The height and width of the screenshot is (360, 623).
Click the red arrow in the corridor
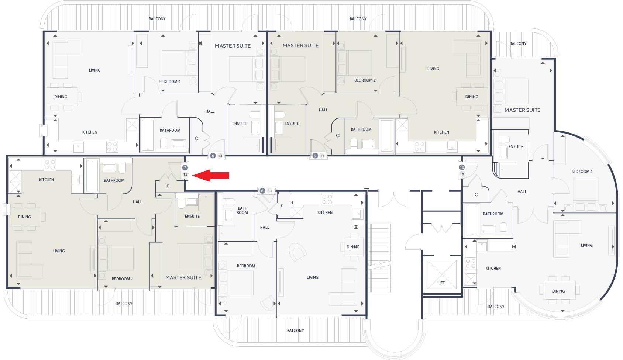pos(211,176)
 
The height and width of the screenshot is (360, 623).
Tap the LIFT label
pos(441,283)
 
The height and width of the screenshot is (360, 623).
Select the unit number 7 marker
pos(185,168)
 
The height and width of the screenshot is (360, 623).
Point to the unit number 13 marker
pos(220,156)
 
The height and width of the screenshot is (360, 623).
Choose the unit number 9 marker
pos(315,156)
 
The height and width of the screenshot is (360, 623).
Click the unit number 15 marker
pos(462,174)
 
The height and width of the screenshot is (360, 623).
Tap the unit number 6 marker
pos(262,191)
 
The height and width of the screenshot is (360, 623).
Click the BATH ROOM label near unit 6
pos(242,210)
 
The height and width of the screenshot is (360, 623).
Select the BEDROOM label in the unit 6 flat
pos(246,266)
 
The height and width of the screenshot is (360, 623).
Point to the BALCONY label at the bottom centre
pos(295,330)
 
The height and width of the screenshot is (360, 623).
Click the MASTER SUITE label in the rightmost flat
pos(522,110)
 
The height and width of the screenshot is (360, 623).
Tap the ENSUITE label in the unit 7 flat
pos(192,216)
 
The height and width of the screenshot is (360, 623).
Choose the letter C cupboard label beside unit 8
pos(196,139)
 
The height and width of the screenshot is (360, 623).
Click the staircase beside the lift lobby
pos(380,258)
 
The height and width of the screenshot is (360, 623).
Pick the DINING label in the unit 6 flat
pos(353,247)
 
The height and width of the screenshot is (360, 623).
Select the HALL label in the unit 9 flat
pos(323,110)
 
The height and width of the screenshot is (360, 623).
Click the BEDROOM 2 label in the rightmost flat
pos(582,172)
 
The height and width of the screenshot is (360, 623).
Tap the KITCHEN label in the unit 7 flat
pos(47,180)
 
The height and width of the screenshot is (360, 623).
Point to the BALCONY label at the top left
pos(157,19)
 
